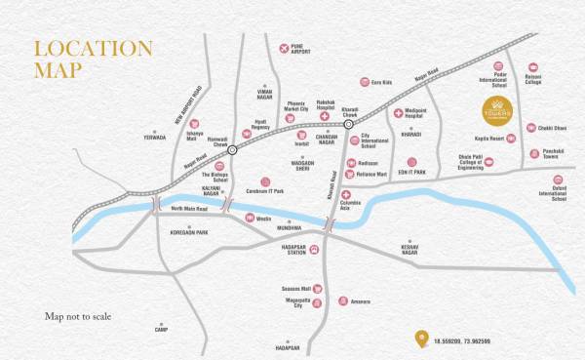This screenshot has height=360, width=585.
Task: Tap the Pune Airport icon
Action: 284,48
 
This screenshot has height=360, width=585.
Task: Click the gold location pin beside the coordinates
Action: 421,340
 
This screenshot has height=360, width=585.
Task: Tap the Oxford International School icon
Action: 558,180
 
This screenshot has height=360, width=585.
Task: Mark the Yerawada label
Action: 154,138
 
